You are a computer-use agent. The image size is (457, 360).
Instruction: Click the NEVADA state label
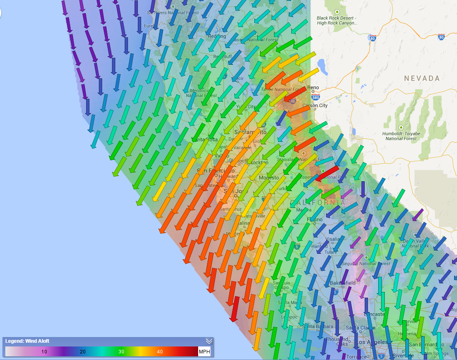click(421, 78)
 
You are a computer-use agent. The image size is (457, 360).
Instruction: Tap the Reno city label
click(313, 88)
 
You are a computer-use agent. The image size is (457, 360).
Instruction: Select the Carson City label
click(315, 105)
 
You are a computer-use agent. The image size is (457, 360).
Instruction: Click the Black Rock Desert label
click(337, 21)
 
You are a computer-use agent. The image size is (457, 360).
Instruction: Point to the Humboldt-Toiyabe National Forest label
click(401, 136)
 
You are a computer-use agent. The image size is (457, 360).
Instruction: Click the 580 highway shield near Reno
click(315, 98)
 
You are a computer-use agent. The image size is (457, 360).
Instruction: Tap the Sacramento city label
click(250, 132)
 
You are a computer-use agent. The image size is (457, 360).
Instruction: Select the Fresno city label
click(315, 219)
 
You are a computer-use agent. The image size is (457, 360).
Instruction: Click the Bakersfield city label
click(343, 283)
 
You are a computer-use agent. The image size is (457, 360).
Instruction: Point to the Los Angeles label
click(371, 342)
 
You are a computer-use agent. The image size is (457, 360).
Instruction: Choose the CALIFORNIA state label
click(318, 203)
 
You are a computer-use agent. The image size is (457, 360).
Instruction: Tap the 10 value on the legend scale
click(44, 352)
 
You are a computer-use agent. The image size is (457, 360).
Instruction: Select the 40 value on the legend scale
click(160, 352)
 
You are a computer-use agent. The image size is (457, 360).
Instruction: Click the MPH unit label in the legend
click(204, 352)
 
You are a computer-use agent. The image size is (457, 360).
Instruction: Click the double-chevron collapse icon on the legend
click(209, 341)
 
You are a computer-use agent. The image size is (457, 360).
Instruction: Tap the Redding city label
click(217, 36)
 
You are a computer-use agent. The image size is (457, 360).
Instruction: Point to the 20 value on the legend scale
click(82, 352)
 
